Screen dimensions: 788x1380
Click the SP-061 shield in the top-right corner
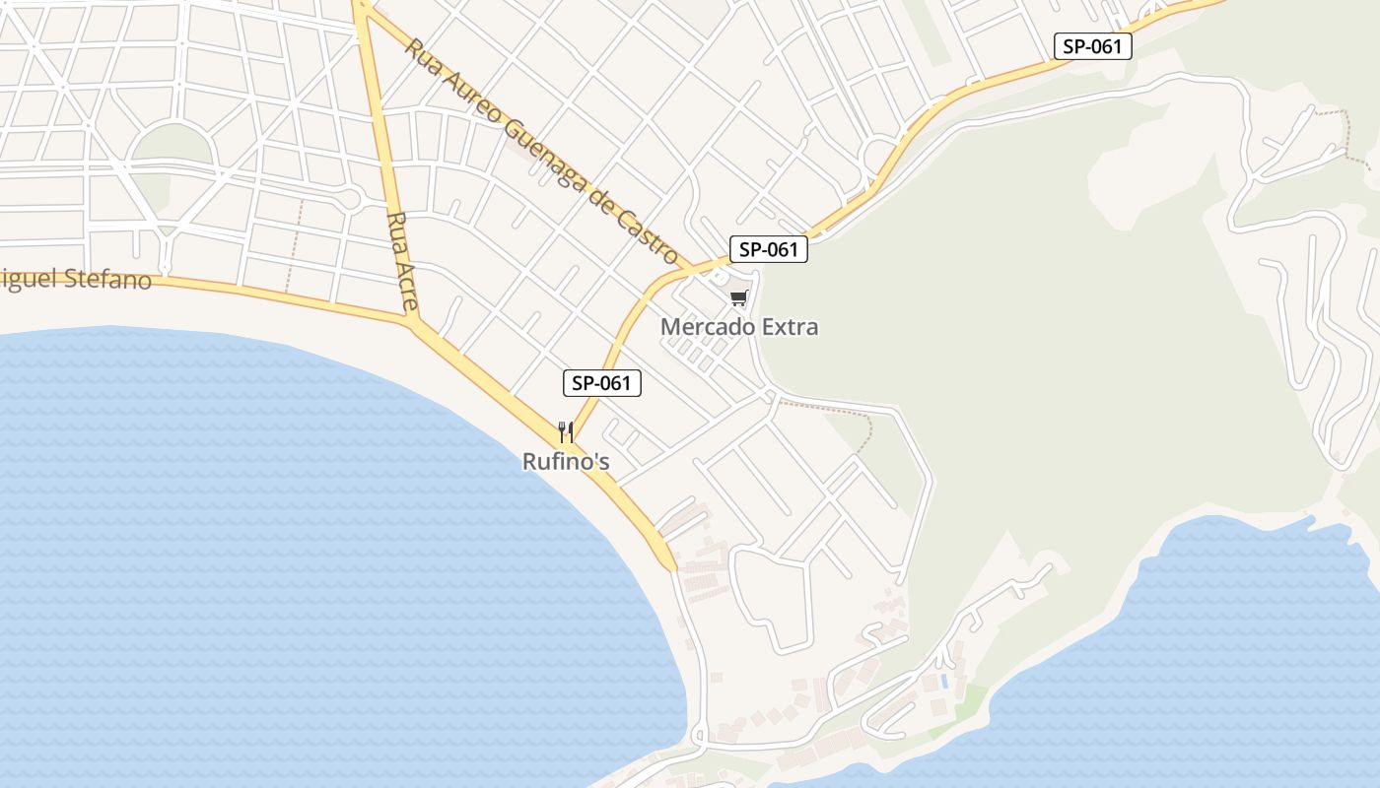pyautogui.click(x=1092, y=45)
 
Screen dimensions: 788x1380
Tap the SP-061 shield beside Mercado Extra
pyautogui.click(x=768, y=249)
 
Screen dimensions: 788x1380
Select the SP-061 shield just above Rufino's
pyautogui.click(x=601, y=383)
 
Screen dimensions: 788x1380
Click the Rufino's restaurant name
pyautogui.click(x=566, y=461)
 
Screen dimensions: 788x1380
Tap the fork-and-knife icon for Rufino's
pyautogui.click(x=566, y=431)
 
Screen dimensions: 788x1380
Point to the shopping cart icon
pyautogui.click(x=739, y=297)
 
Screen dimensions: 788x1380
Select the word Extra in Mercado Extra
pyautogui.click(x=788, y=327)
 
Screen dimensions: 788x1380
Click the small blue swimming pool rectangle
pyautogui.click(x=944, y=681)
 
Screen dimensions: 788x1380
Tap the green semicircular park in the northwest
pyautogui.click(x=172, y=146)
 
